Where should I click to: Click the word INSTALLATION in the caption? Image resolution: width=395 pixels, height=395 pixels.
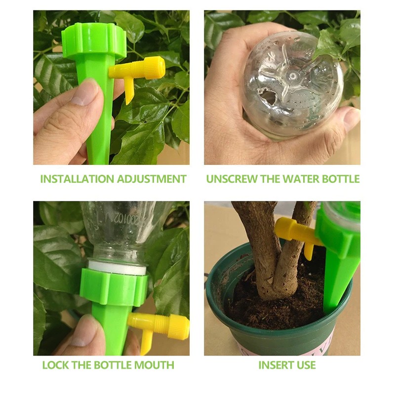pyautogui.click(x=78, y=179)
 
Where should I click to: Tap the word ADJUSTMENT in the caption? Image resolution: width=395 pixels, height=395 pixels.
pyautogui.click(x=152, y=179)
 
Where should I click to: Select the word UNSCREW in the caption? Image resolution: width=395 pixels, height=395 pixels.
pyautogui.click(x=232, y=179)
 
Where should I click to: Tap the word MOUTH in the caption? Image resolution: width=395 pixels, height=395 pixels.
pyautogui.click(x=154, y=365)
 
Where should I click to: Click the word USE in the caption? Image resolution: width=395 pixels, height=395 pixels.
pyautogui.click(x=305, y=365)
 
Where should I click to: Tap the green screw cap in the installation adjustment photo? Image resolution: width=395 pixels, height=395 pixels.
pyautogui.click(x=94, y=40)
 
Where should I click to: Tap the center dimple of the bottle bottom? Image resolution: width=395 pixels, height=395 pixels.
pyautogui.click(x=293, y=76)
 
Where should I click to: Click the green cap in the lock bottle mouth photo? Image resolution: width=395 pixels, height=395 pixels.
pyautogui.click(x=114, y=286)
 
